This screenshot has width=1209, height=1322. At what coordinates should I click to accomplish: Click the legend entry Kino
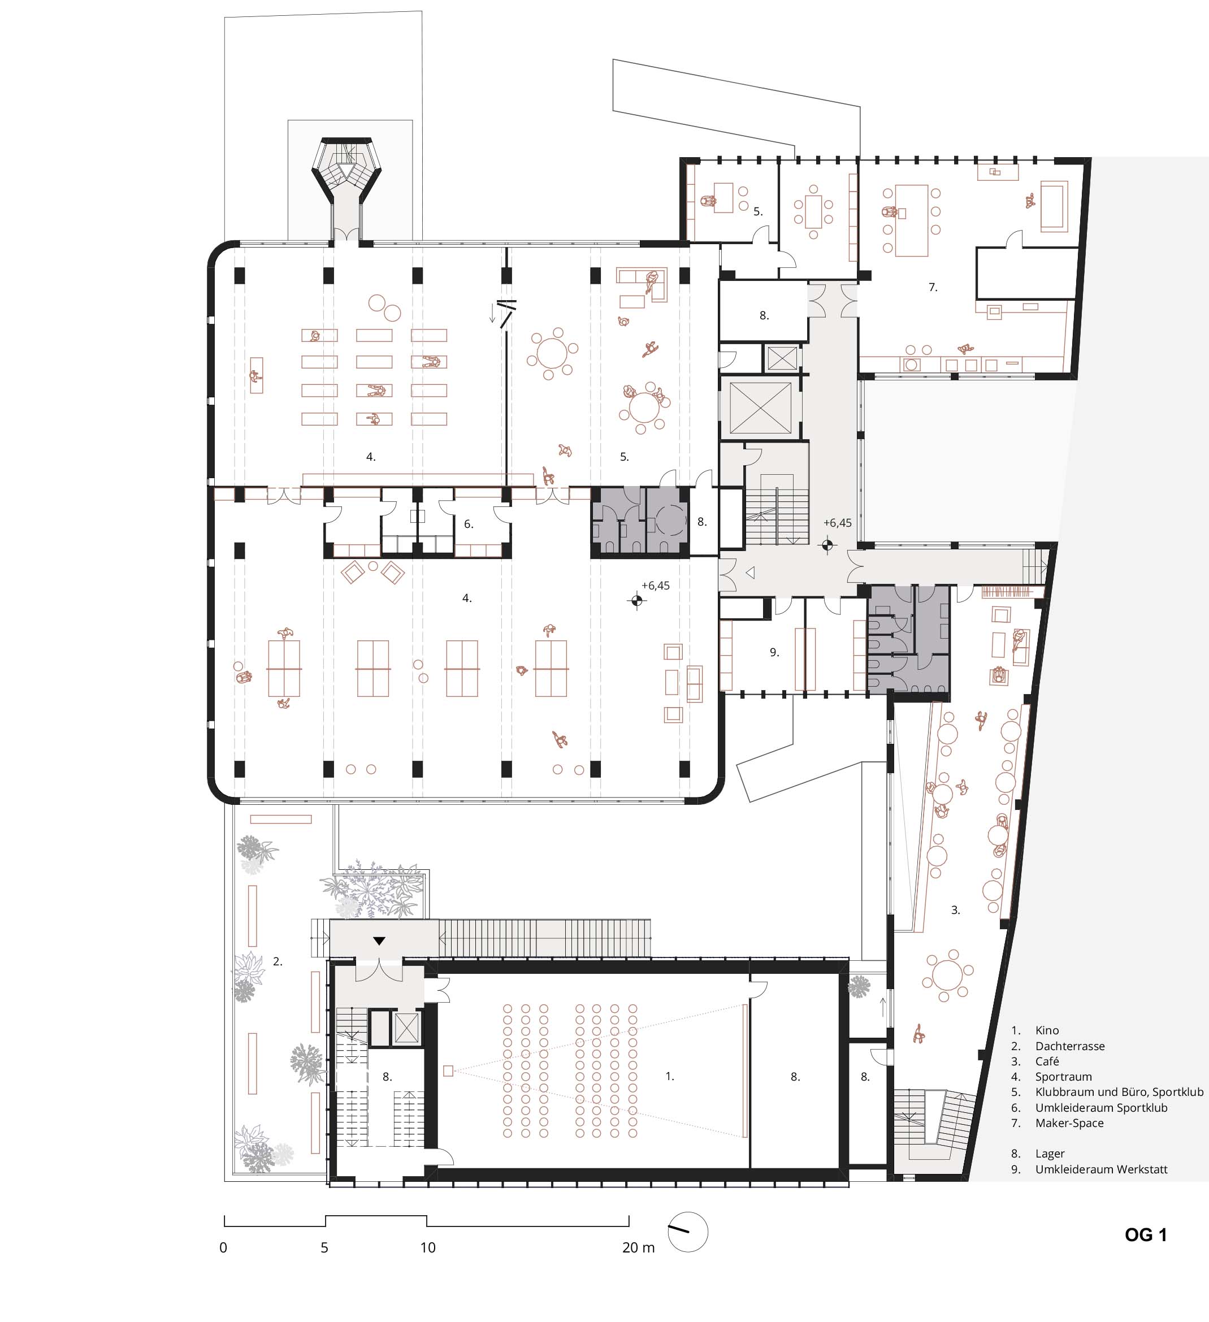pyautogui.click(x=1047, y=1031)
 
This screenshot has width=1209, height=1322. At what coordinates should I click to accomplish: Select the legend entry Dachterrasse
pyautogui.click(x=1070, y=1047)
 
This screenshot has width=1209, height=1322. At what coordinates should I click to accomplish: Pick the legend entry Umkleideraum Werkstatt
pyautogui.click(x=1102, y=1170)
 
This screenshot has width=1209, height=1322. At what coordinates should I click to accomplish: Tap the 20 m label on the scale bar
pyautogui.click(x=639, y=1248)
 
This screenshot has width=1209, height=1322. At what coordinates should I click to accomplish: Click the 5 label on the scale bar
pyautogui.click(x=324, y=1248)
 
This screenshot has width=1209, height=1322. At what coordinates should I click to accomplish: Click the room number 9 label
pyautogui.click(x=774, y=652)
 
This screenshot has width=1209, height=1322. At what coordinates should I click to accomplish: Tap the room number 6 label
pyautogui.click(x=468, y=524)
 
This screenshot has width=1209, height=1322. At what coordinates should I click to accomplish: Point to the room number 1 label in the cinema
pyautogui.click(x=669, y=1076)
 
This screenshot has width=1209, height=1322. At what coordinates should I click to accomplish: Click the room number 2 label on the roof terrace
pyautogui.click(x=278, y=961)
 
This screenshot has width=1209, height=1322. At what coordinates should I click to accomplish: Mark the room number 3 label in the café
pyautogui.click(x=955, y=910)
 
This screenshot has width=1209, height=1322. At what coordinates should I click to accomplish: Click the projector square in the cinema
pyautogui.click(x=448, y=1071)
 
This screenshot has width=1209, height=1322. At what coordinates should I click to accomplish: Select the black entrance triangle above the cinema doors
pyautogui.click(x=379, y=941)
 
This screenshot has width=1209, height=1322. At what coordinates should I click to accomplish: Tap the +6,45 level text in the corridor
pyautogui.click(x=837, y=523)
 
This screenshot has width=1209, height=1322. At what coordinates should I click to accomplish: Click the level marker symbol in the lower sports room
pyautogui.click(x=636, y=600)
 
